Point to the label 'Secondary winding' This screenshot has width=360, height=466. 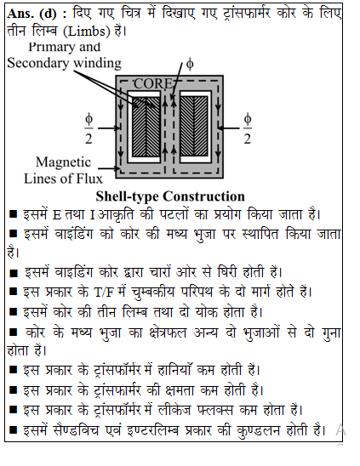(65, 63)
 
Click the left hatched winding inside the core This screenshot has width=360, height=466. (146, 128)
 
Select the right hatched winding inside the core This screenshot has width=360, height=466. (194, 128)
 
